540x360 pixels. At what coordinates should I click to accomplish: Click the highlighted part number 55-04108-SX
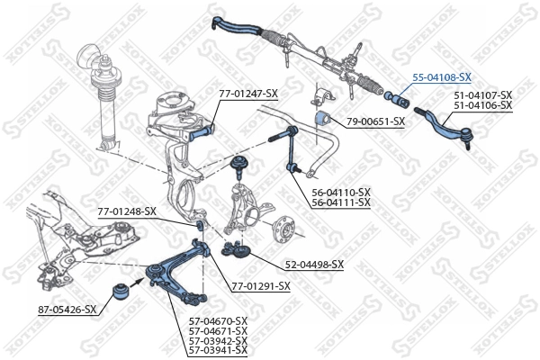[x=442, y=78]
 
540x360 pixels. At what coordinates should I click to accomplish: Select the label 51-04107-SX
[x=482, y=95]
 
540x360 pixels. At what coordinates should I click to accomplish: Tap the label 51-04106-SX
[x=482, y=105]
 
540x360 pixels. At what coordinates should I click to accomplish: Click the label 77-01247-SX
[x=248, y=93]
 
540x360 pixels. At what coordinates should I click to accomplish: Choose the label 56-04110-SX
[x=340, y=193]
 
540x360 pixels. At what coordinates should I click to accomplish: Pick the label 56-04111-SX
[x=340, y=202]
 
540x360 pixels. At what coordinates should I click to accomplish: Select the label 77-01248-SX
[x=127, y=211]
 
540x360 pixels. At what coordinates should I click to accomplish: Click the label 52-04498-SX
[x=314, y=264]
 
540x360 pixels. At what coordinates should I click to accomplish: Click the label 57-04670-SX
[x=217, y=321]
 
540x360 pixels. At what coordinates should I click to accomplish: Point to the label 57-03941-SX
[x=217, y=351]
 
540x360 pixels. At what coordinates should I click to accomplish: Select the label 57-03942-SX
[x=217, y=341]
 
